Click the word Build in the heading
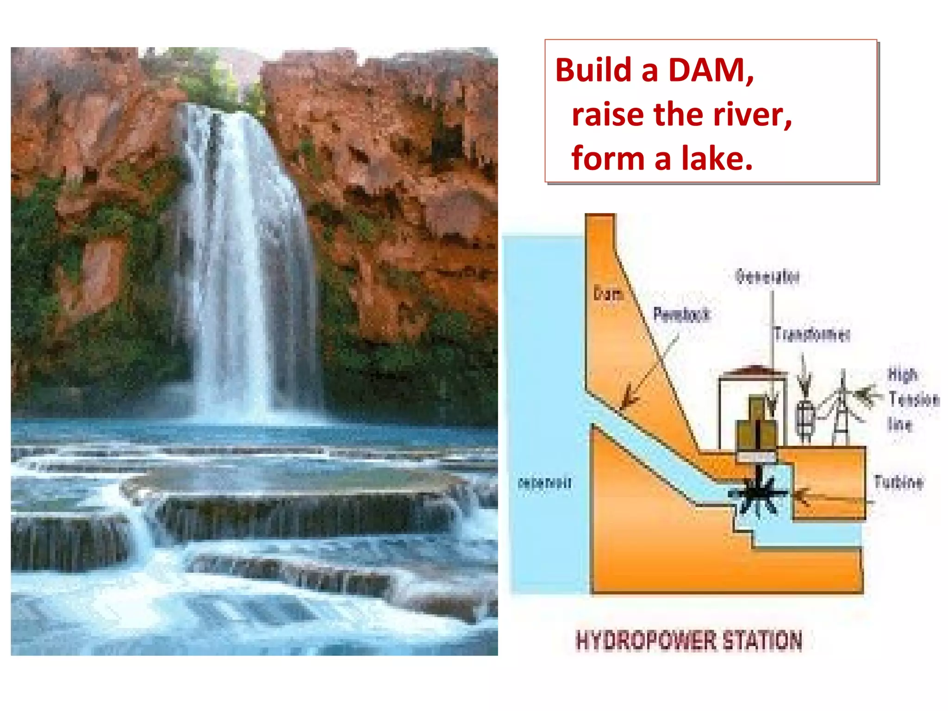(593, 70)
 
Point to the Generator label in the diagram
(767, 276)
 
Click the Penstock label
(681, 314)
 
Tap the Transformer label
(812, 334)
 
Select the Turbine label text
(898, 482)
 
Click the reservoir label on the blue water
(545, 483)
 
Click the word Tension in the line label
(913, 399)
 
